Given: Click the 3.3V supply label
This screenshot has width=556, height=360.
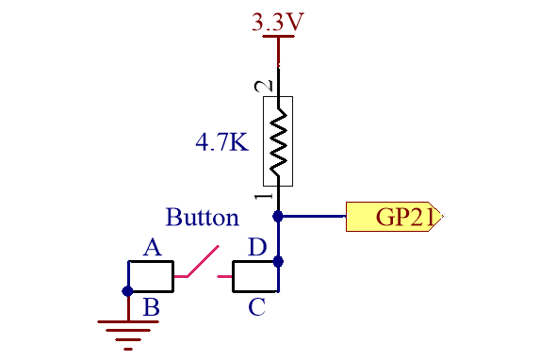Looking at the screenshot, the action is (x=278, y=22).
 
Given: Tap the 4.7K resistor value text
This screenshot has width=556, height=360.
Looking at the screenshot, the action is (x=222, y=142).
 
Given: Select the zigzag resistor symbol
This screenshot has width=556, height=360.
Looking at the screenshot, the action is (x=278, y=141).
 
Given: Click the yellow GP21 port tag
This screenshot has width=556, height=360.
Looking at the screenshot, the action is (x=394, y=217).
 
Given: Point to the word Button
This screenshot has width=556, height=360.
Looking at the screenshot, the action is (x=202, y=217).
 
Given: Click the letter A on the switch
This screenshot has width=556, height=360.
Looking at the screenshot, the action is (x=153, y=247).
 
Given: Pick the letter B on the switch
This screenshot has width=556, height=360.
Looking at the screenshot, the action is (x=152, y=307).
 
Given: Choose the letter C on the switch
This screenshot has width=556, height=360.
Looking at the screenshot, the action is (x=256, y=307).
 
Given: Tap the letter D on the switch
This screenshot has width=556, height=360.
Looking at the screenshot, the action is (x=257, y=247).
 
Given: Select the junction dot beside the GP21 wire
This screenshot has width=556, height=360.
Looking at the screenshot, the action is (x=278, y=216).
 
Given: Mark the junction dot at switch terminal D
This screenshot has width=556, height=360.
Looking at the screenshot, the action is (x=278, y=262).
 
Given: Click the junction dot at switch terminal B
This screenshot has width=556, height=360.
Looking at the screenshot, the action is (x=127, y=291).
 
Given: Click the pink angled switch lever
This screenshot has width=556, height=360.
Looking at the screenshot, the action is (x=203, y=261).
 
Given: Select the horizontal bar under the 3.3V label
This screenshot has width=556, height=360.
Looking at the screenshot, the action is (x=278, y=36).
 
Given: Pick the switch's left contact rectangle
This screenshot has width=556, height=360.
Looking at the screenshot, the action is (x=151, y=276).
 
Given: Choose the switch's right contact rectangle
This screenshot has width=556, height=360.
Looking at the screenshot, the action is (x=255, y=277).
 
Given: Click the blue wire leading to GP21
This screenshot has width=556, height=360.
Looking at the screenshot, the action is (x=312, y=216).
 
